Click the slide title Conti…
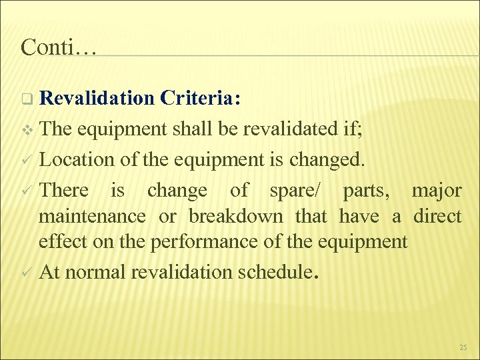58,47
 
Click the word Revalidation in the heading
97,99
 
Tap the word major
436,191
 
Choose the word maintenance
92,217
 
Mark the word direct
437,217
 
